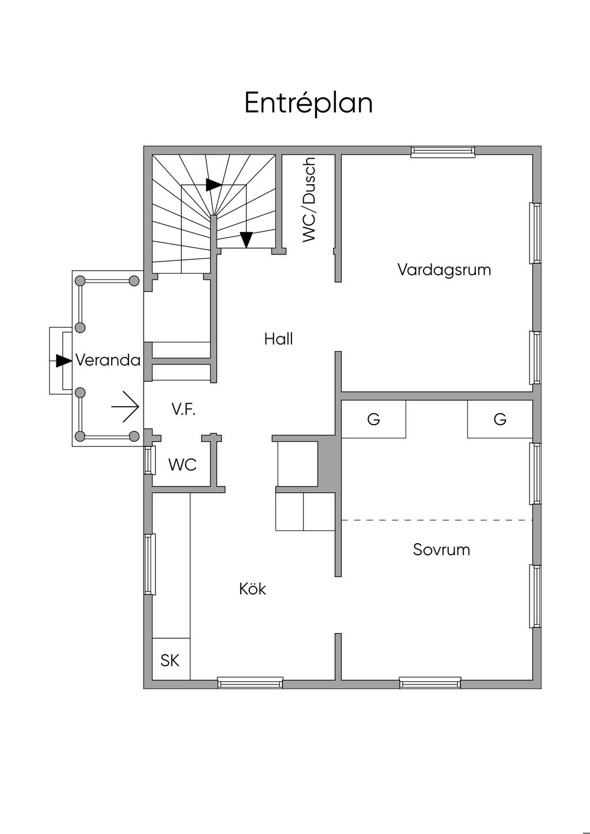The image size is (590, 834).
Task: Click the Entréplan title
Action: [308, 103]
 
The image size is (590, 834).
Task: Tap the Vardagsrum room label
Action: [444, 270]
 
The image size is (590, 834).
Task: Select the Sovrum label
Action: [441, 549]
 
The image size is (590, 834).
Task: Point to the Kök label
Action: [252, 589]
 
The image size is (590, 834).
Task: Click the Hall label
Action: [278, 339]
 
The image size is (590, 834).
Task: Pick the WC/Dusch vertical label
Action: [309, 199]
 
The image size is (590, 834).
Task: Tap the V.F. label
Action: [183, 410]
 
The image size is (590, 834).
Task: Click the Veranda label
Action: [108, 361]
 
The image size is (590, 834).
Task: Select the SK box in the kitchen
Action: [171, 660]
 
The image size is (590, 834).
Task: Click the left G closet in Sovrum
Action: [373, 419]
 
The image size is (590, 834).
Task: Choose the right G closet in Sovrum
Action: [500, 419]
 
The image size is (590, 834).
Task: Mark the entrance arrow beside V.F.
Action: [126, 407]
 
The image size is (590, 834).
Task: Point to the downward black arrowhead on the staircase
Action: [247, 238]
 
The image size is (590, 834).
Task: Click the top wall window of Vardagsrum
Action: [442, 151]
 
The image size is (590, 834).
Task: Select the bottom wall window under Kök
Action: [250, 683]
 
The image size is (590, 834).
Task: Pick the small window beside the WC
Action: [148, 460]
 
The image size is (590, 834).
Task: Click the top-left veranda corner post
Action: [81, 281]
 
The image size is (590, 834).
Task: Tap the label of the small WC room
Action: [183, 464]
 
